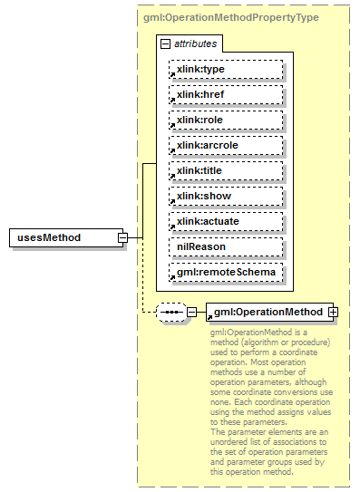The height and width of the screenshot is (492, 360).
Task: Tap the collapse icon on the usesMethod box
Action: tap(122, 237)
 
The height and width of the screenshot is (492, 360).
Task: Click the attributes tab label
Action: tap(196, 43)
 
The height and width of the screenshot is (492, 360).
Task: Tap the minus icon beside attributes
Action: tap(165, 43)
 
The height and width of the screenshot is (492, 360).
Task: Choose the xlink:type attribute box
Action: tap(225, 69)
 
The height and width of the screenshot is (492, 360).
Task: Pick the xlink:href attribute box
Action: tap(225, 94)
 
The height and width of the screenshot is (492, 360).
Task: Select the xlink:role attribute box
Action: tap(225, 120)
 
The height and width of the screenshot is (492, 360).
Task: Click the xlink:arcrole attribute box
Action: tap(225, 145)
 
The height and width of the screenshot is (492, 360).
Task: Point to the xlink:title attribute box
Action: tap(225, 170)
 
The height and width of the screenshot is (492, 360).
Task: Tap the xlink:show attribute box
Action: tap(225, 196)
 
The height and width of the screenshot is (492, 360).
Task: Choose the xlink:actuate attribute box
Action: tap(225, 221)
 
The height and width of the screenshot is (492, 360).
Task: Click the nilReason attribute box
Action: tap(225, 246)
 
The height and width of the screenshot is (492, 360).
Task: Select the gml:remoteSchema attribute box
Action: tap(225, 272)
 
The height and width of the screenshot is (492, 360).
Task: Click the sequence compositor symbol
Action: tap(170, 313)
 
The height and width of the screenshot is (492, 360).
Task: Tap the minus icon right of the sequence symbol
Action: tap(191, 313)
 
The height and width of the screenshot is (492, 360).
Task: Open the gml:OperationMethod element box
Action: tap(268, 312)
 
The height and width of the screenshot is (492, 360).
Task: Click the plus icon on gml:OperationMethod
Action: tap(333, 312)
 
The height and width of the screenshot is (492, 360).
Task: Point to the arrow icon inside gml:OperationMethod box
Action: tap(209, 316)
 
